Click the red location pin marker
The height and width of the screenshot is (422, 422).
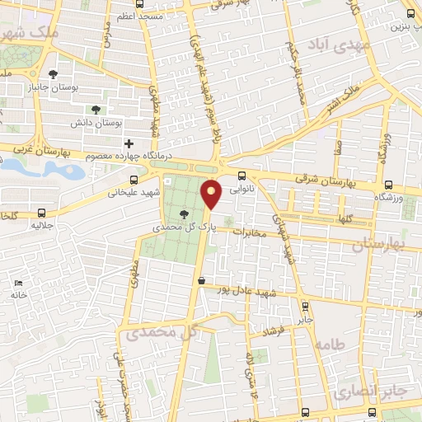pos(212,195)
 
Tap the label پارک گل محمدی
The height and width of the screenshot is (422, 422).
pos(182,224)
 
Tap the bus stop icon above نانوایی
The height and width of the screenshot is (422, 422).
pos(241,176)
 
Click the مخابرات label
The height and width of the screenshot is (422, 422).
pos(253,232)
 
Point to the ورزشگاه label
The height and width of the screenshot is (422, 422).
pos(388,199)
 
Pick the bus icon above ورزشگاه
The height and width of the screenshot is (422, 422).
pos(388,185)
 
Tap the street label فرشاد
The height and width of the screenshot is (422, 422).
pos(273,331)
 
